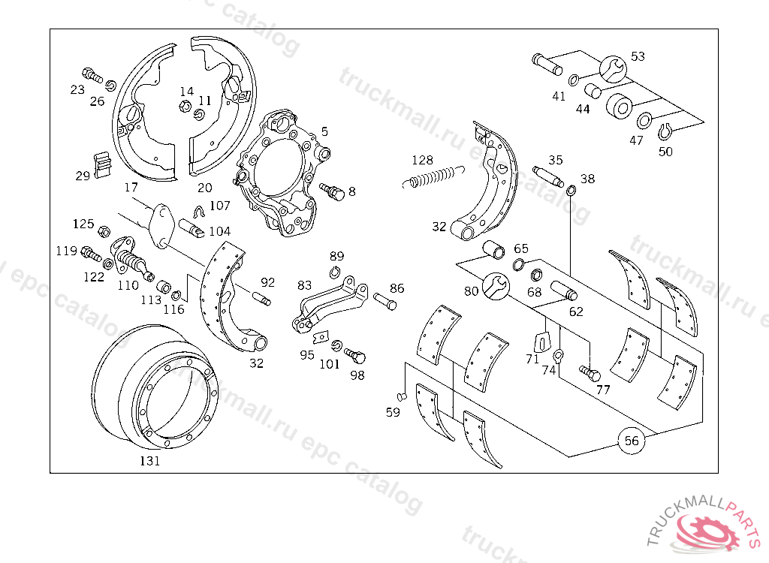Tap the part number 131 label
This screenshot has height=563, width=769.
point(149,461)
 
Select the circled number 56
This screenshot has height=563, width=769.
point(632,441)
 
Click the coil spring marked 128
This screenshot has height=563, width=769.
point(432,178)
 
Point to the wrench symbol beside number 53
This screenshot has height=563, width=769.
point(614,68)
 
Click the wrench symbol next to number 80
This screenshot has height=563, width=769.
point(494,285)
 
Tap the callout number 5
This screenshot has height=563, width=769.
point(324,131)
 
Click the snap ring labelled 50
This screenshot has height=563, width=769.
point(663,133)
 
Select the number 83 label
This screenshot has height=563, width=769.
point(304,285)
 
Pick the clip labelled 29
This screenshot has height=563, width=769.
point(102,165)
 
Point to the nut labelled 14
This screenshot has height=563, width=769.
point(184,105)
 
